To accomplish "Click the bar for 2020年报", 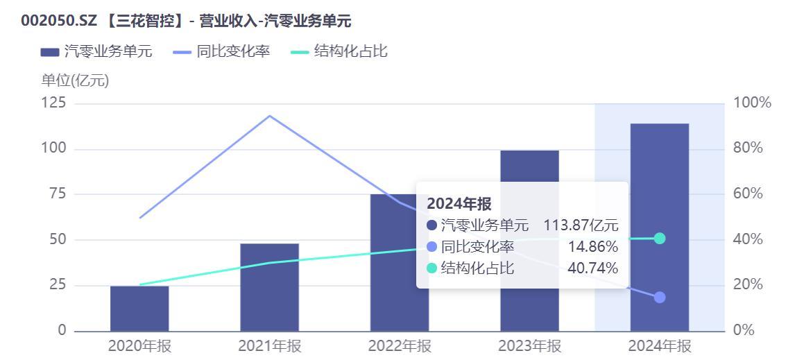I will click(x=139, y=308).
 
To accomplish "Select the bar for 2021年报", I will click(x=269, y=286).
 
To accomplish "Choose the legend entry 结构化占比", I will click(x=339, y=52).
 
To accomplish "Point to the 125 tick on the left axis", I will click(x=55, y=103).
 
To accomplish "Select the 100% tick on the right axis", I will click(x=752, y=103).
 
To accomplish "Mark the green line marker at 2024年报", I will click(x=660, y=239).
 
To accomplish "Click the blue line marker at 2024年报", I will click(x=660, y=297).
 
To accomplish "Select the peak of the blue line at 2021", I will click(x=269, y=116).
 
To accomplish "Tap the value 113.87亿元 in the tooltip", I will click(x=581, y=225).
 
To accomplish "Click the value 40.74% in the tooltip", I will click(x=592, y=268).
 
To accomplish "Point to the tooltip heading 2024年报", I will click(x=459, y=204).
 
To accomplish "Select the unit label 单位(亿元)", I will click(x=75, y=80).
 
